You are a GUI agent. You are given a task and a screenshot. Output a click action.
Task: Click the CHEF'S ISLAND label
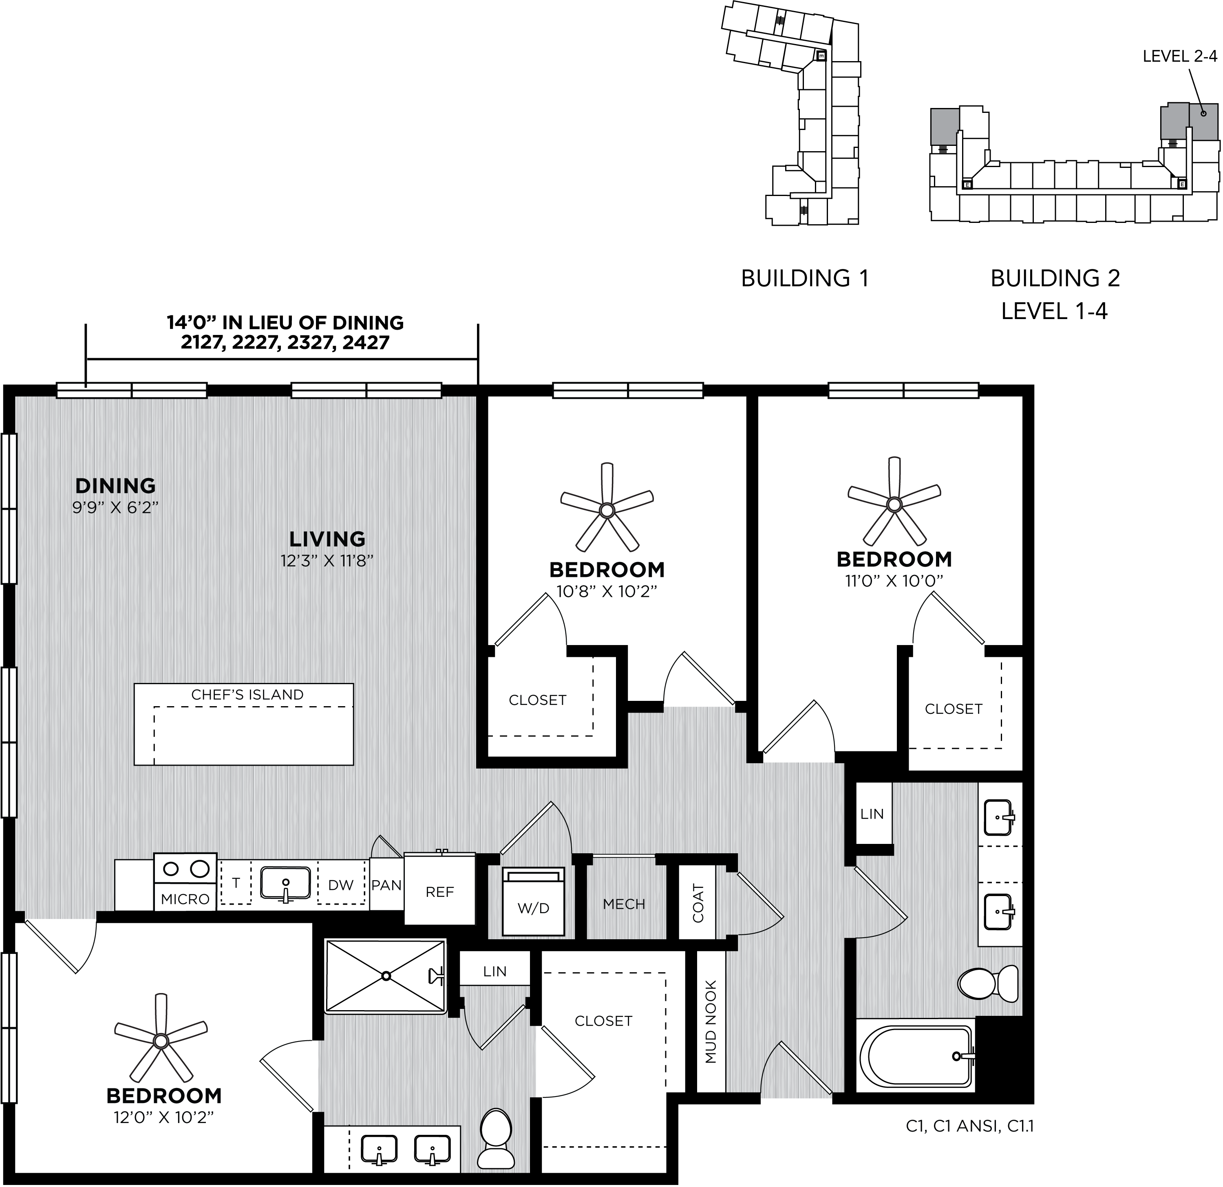(247, 695)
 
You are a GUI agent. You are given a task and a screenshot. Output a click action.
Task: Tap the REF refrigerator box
(440, 888)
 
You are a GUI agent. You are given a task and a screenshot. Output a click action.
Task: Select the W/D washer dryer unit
(534, 901)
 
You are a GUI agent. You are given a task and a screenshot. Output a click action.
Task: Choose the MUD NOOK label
(711, 1022)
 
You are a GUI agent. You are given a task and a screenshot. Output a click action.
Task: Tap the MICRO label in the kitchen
(185, 899)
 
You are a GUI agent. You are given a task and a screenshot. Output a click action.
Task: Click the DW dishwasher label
(341, 885)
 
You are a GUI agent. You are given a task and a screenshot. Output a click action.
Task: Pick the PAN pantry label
(386, 885)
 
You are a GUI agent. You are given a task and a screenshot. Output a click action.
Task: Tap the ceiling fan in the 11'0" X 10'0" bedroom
(894, 504)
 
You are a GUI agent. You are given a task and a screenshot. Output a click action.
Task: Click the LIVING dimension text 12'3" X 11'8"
(327, 561)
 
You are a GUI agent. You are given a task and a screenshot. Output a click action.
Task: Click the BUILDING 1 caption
(805, 278)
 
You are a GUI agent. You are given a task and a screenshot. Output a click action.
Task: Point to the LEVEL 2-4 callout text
(1180, 56)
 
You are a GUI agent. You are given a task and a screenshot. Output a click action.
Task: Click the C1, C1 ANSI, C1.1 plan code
(970, 1126)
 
